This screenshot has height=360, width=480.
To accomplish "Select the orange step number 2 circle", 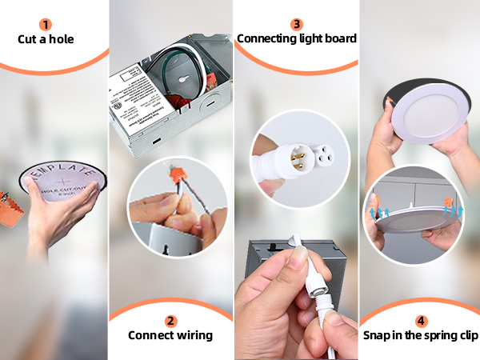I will [x=170, y=321].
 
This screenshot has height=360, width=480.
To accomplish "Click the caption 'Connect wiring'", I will [x=170, y=335].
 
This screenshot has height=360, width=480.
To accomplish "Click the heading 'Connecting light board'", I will [x=297, y=38].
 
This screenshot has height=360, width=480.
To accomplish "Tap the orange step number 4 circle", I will [x=421, y=321].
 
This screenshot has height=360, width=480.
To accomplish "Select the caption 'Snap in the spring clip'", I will [x=421, y=335].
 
